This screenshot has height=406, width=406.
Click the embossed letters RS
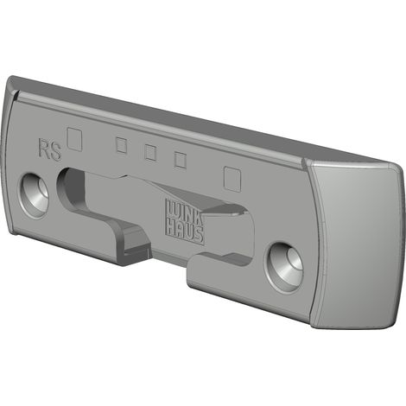click(x=50, y=149)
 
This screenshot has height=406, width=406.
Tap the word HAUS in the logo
click(x=186, y=233)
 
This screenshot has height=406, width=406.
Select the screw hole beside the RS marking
click(x=35, y=195)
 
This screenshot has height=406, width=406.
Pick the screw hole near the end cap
click(x=284, y=268)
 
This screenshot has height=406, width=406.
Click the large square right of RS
click(x=74, y=139)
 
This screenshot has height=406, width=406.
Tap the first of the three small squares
click(x=122, y=146)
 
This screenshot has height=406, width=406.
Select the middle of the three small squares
click(x=150, y=152)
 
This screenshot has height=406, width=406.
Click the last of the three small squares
click(x=181, y=160)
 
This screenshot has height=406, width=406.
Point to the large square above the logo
click(x=232, y=178)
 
